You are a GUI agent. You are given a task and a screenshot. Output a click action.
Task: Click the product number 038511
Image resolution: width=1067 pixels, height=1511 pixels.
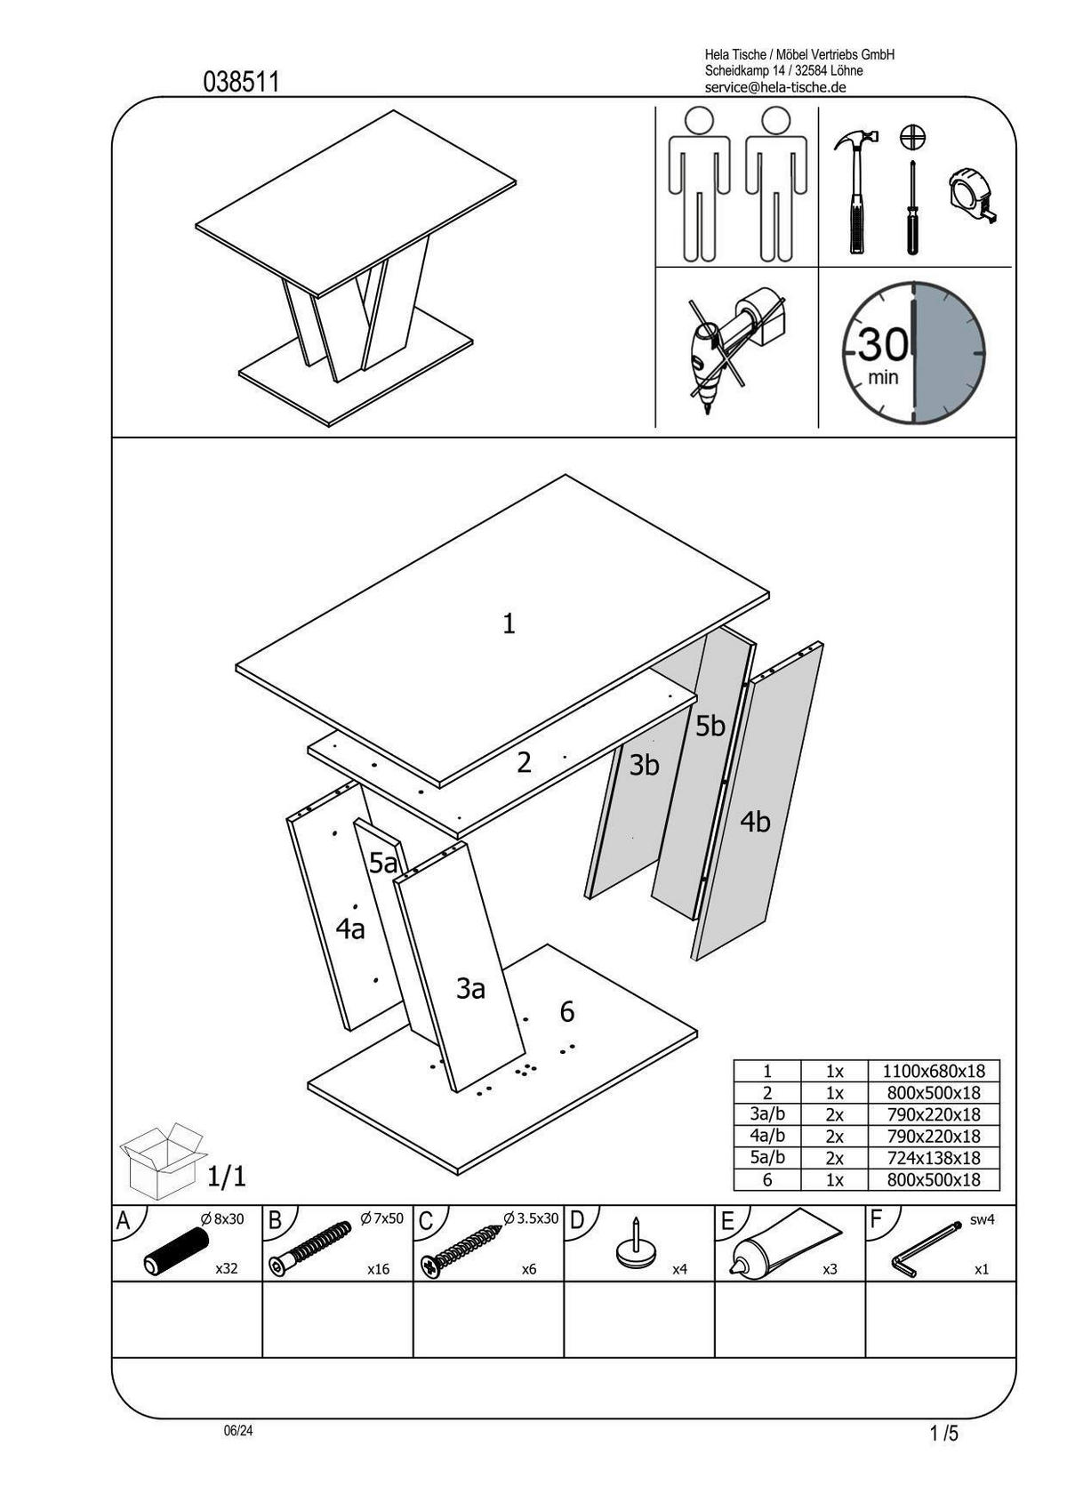pos(242,83)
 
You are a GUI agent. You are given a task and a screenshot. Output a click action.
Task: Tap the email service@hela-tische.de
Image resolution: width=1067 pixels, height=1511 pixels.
pos(774,87)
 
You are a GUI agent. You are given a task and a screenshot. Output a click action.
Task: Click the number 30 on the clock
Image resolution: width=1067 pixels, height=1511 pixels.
pos(883,343)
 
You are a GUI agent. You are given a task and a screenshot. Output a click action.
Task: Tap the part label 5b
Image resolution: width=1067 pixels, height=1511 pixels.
pos(710,727)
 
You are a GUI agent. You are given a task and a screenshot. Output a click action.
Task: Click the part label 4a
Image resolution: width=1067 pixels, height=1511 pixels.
pos(350,929)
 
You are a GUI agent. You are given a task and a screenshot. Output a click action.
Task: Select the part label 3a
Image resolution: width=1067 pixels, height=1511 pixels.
pos(470,988)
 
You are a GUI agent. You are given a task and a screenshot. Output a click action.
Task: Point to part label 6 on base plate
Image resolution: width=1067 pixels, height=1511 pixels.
pos(566,1012)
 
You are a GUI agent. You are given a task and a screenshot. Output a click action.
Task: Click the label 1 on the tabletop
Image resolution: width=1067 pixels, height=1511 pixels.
pos(509,624)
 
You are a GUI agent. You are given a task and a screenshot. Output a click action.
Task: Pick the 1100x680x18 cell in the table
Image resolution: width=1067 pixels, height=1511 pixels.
pos(933,1072)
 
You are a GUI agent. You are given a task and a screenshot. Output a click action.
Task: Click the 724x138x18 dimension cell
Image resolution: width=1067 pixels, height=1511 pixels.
pos(933,1158)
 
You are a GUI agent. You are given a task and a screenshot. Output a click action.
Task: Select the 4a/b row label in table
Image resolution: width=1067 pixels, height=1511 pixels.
pos(767,1137)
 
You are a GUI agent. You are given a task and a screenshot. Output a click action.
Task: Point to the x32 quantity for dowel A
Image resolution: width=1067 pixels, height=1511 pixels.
pos(227,1269)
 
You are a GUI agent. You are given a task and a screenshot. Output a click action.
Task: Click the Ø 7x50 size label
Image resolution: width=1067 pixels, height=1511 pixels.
pos(381,1218)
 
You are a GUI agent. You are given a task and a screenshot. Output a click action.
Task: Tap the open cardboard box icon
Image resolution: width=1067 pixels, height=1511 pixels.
pos(161,1161)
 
